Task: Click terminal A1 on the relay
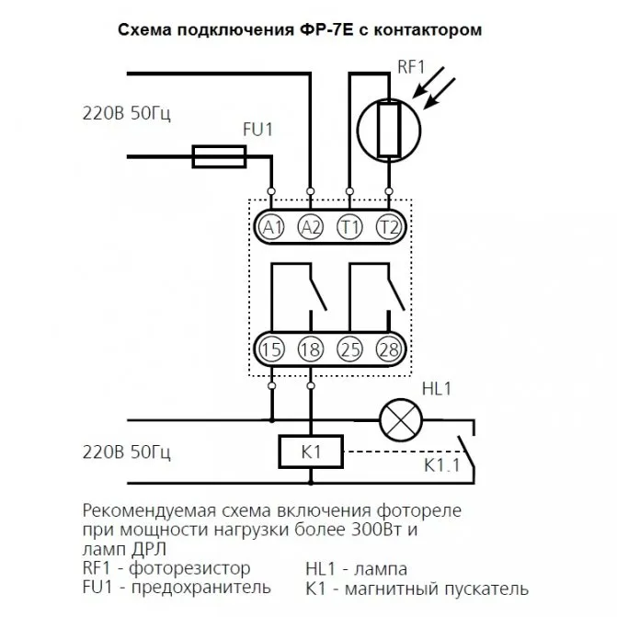[271, 227]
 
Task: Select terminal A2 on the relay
[311, 227]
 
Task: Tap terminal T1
[349, 227]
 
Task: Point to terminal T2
[389, 227]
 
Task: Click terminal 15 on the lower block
[271, 349]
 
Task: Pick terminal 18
[311, 349]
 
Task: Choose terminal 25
[349, 349]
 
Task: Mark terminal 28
[389, 349]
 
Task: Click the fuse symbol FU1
[219, 156]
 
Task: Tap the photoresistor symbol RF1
[389, 131]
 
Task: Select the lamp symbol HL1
[401, 420]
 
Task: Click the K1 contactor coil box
[311, 451]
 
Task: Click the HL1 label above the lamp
[437, 389]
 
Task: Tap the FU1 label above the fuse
[257, 130]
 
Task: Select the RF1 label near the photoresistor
[411, 66]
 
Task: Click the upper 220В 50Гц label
[127, 113]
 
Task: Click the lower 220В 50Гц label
[127, 452]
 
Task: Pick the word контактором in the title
[428, 30]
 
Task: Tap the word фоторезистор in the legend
[189, 568]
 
